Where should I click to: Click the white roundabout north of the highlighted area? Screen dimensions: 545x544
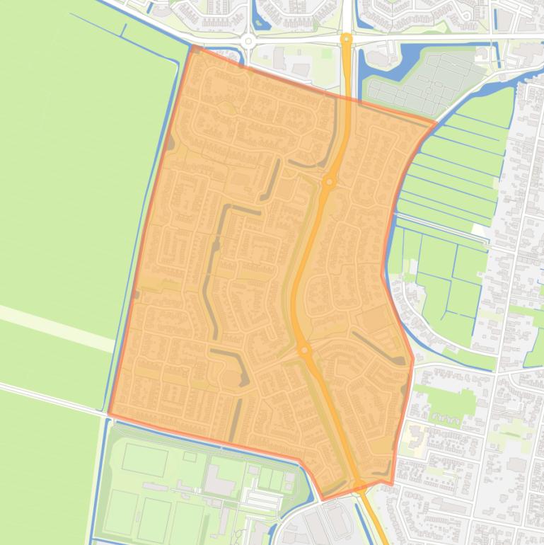click(248, 41)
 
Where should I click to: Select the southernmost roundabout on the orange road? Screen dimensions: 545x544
click(359, 486)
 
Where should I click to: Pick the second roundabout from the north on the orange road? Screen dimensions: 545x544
click(329, 183)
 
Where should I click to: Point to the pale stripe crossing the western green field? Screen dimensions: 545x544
click(57, 326)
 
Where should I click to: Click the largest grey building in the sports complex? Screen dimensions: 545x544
click(219, 481)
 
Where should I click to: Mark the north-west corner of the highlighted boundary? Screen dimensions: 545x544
click(192, 47)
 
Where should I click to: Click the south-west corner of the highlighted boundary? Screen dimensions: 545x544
click(109, 413)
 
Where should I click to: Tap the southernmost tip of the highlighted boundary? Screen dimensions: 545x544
click(323, 499)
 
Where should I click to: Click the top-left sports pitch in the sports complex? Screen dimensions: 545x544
click(144, 460)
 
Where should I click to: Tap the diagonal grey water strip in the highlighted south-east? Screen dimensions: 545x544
click(378, 347)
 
